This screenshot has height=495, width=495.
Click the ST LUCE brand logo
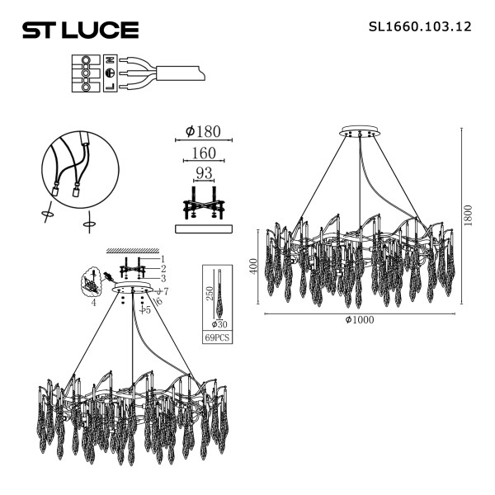(79, 31)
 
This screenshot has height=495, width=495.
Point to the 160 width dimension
(203, 153)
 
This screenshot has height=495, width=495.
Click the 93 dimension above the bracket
(203, 173)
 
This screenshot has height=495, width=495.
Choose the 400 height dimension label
(254, 266)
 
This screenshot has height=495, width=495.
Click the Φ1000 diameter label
(360, 320)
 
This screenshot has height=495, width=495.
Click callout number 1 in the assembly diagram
(163, 259)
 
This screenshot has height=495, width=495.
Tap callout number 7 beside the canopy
(166, 291)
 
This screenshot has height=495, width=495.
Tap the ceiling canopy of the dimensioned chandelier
(360, 132)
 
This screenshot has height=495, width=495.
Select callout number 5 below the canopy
(148, 311)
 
